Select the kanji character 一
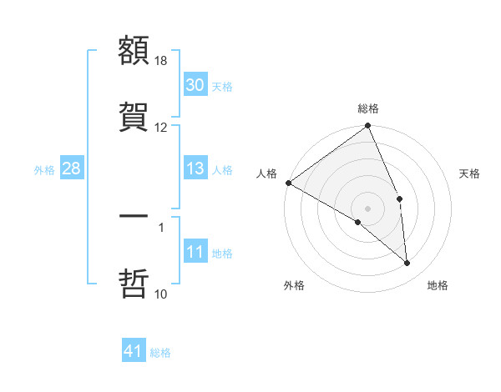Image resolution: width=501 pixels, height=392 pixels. pyautogui.click(x=134, y=216)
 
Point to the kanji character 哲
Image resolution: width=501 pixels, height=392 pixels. pyautogui.click(x=134, y=282)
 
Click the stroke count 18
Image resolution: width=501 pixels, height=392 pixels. pyautogui.click(x=162, y=61)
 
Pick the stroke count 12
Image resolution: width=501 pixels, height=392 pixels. pyautogui.click(x=162, y=127)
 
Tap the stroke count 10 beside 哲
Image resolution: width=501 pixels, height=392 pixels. pyautogui.click(x=162, y=294)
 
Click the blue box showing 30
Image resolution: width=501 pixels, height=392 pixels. pyautogui.click(x=195, y=85)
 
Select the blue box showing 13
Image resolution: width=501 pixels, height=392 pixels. pyautogui.click(x=195, y=168)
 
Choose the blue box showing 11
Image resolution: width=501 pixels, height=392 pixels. pyautogui.click(x=195, y=252)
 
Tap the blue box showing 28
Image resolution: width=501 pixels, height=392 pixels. pyautogui.click(x=71, y=168)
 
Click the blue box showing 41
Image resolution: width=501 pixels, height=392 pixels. pyautogui.click(x=134, y=351)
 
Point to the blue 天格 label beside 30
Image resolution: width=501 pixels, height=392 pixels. pyautogui.click(x=221, y=86)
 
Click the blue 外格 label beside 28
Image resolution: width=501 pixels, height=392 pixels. pyautogui.click(x=44, y=169)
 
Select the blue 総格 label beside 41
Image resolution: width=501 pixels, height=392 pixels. pyautogui.click(x=160, y=352)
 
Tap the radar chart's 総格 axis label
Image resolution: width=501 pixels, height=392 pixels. pyautogui.click(x=368, y=108)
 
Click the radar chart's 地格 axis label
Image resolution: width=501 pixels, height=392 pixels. pyautogui.click(x=438, y=285)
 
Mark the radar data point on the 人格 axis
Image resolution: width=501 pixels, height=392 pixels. pyautogui.click(x=288, y=183)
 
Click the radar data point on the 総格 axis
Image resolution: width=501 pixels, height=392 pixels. pyautogui.click(x=368, y=127)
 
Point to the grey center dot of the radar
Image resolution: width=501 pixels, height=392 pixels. pyautogui.click(x=368, y=208)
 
